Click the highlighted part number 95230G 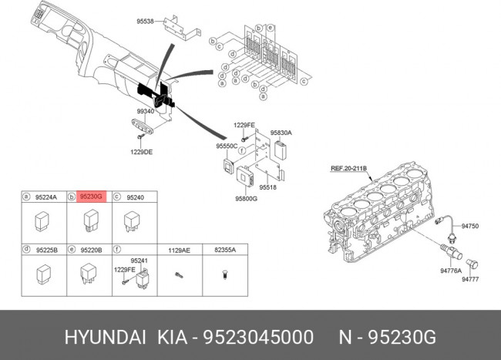(x=92, y=197)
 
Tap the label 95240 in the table (x=135, y=197)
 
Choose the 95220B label (x=92, y=250)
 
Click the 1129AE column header (x=179, y=250)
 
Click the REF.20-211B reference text (x=349, y=167)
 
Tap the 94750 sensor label (x=470, y=226)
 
